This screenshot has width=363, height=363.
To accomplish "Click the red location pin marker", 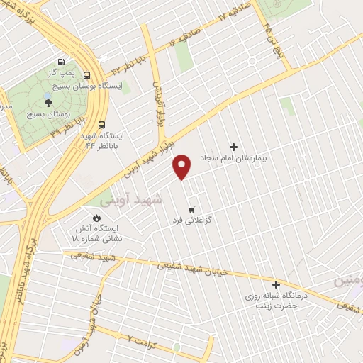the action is click(183, 165).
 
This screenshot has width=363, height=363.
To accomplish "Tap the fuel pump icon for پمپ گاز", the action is click(68, 61).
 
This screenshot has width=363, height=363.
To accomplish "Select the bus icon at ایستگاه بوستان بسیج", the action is click(86, 75).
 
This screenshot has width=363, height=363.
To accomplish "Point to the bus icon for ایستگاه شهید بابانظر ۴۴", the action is click(103, 125).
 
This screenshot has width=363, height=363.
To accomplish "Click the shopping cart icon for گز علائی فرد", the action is click(191, 210).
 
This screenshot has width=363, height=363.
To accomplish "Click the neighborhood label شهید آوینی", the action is click(132, 200).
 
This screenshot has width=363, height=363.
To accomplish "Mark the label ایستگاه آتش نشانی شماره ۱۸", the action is click(97, 234).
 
